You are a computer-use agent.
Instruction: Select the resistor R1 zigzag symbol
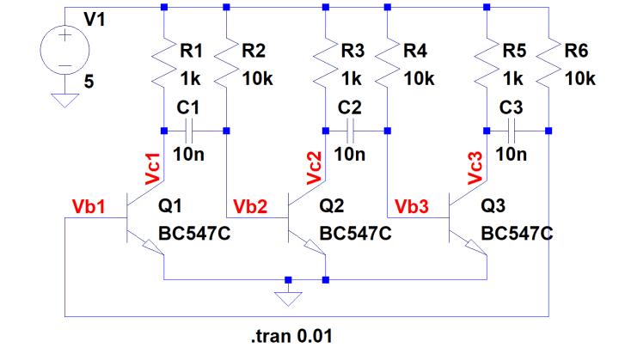click(x=163, y=64)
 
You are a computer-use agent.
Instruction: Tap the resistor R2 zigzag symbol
click(x=225, y=64)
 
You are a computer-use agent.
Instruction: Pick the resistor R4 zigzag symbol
click(x=387, y=64)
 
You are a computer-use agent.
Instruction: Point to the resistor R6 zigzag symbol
click(x=549, y=64)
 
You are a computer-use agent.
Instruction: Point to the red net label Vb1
click(x=89, y=207)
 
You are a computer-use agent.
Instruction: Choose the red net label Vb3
click(x=412, y=207)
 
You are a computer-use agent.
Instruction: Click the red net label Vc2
click(x=314, y=168)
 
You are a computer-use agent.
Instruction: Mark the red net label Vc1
click(x=153, y=168)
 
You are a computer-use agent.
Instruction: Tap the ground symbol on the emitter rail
click(x=289, y=299)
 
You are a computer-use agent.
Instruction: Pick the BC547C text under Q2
click(x=355, y=233)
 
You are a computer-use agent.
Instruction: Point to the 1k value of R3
click(x=352, y=77)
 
